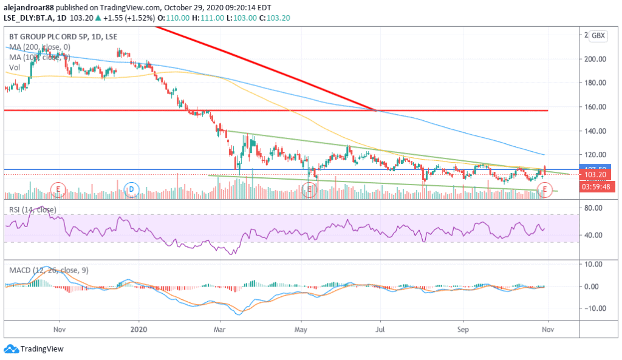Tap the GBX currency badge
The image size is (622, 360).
point(599,35)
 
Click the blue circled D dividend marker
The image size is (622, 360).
point(131,189)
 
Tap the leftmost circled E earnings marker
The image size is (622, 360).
point(58,189)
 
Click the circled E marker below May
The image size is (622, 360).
point(309,190)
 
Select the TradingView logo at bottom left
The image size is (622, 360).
point(34,349)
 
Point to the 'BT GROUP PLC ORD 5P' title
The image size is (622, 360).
point(47,37)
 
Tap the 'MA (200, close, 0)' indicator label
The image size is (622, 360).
point(39,47)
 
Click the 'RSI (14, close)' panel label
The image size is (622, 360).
point(32,209)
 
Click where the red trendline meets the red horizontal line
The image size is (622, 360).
point(377,110)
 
